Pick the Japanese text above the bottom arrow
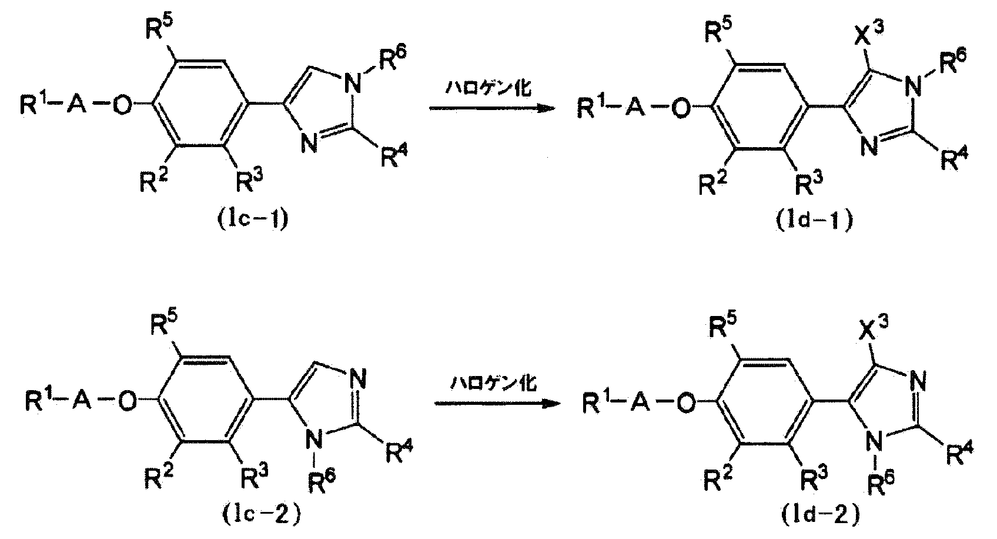tap(493, 385)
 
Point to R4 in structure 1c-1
tap(393, 157)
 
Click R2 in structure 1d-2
tap(717, 482)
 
